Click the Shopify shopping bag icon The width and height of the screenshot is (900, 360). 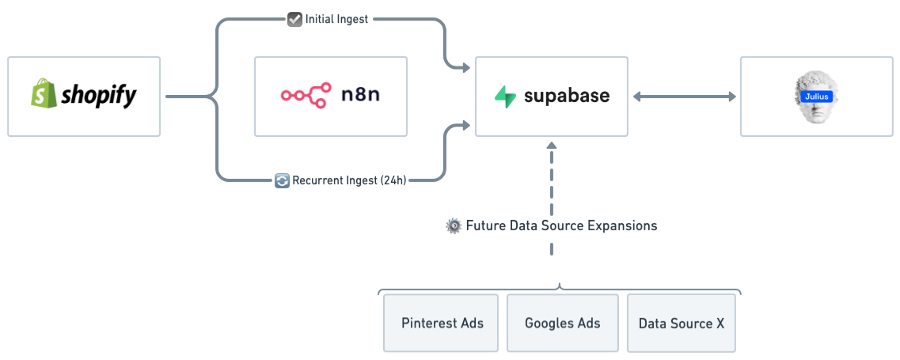click(x=42, y=94)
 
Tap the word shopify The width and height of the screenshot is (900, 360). click(x=97, y=96)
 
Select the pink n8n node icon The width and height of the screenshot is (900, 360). click(x=306, y=96)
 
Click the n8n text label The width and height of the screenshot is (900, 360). click(x=361, y=96)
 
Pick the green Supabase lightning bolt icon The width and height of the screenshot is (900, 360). click(x=505, y=97)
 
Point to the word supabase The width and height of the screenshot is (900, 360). click(x=566, y=97)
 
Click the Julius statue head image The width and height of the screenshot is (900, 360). click(x=816, y=97)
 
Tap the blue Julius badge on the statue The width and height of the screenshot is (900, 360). click(x=816, y=97)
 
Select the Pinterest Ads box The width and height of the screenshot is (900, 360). click(x=442, y=323)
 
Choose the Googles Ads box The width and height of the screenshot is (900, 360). click(x=562, y=323)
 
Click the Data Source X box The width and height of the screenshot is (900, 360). click(x=681, y=323)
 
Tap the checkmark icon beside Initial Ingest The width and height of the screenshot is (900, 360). click(x=294, y=20)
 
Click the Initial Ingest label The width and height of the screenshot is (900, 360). click(x=336, y=20)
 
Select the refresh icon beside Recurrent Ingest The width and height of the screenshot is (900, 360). click(x=282, y=180)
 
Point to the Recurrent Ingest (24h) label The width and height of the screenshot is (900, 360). click(x=349, y=180)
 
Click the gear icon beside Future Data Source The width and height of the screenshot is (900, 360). click(x=454, y=225)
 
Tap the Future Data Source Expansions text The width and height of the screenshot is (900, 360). click(x=560, y=225)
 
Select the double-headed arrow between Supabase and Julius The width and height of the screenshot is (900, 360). click(x=684, y=97)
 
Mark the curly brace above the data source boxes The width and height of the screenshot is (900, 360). click(x=560, y=288)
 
